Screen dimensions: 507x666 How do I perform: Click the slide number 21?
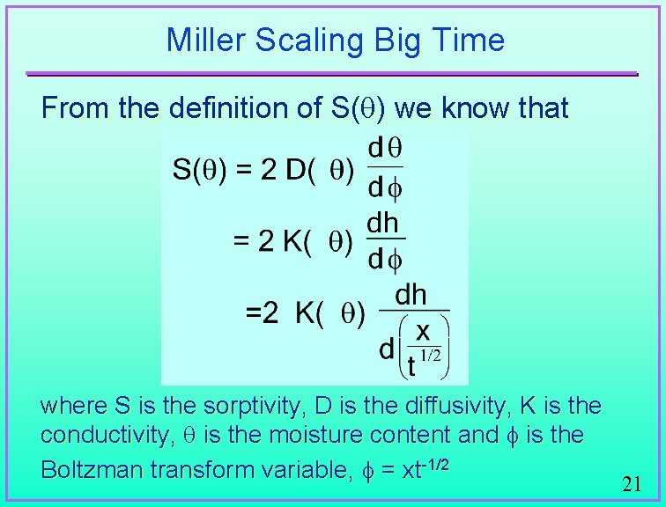click(631, 484)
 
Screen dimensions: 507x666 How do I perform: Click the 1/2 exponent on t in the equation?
click(429, 356)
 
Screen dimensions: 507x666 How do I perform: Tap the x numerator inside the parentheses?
click(423, 331)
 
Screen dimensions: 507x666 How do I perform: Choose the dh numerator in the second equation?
click(383, 224)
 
